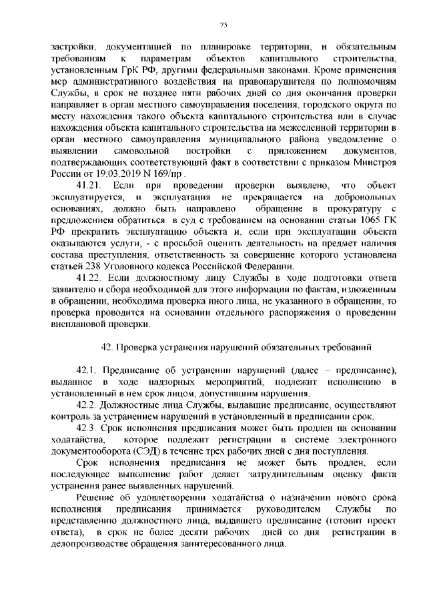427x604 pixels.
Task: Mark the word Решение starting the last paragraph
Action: [95, 497]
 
